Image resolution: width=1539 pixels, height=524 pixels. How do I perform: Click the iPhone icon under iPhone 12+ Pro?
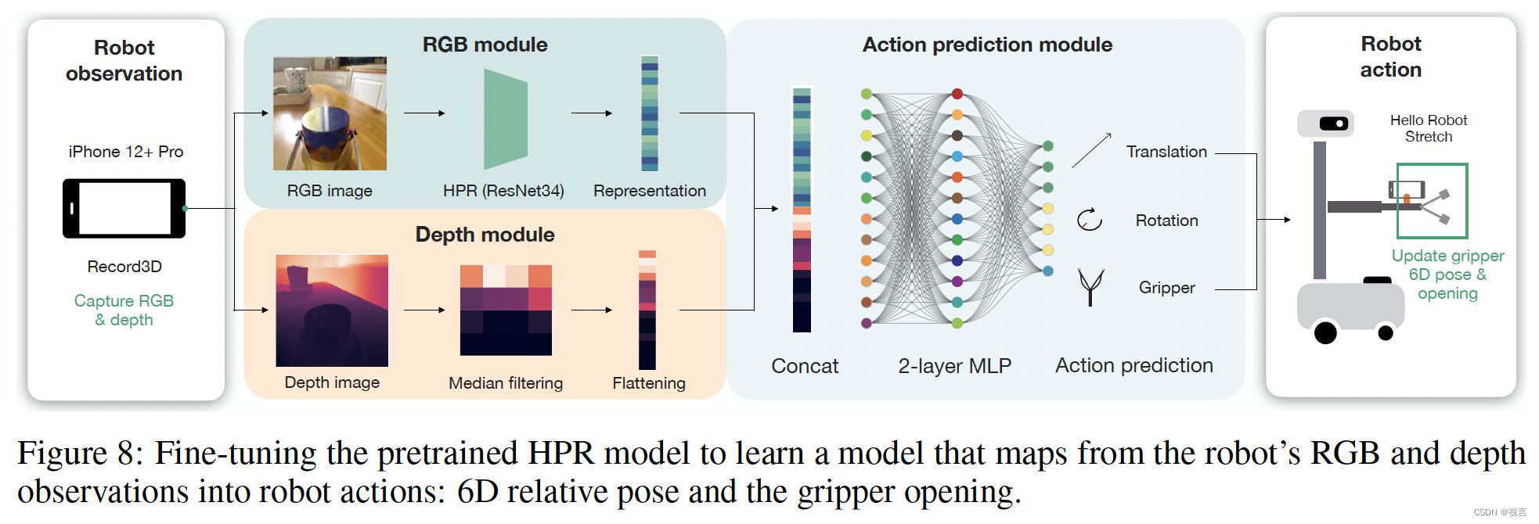coord(124,208)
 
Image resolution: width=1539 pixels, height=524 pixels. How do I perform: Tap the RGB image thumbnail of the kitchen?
coord(330,113)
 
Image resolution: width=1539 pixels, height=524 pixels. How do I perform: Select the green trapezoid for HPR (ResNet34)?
coord(505,119)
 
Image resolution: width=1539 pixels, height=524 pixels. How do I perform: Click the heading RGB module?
coord(485,45)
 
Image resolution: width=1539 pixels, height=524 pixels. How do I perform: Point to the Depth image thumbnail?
coord(332,310)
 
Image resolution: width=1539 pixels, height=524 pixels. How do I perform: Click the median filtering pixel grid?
coord(506,310)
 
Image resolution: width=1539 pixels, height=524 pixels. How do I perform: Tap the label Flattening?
coord(648,383)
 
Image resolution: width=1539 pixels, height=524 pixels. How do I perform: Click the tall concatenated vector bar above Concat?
coord(802,210)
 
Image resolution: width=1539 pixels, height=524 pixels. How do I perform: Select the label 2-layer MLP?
coord(954,366)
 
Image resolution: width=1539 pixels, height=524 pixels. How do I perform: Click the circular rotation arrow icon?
coord(1089,220)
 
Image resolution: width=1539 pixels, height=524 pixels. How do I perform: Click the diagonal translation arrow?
coord(1091,150)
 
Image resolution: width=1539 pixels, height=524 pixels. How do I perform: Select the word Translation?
coord(1166,152)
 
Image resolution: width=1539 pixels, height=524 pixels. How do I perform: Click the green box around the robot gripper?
coord(1432,200)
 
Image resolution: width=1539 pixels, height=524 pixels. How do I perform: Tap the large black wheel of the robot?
coord(1325,333)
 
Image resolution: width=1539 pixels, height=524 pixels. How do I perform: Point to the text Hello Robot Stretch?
coord(1428,128)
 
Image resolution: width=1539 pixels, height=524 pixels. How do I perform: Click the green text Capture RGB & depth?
coord(124,310)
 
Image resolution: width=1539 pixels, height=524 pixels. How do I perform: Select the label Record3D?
coord(124,267)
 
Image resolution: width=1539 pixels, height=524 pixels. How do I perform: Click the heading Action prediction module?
coord(986,45)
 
